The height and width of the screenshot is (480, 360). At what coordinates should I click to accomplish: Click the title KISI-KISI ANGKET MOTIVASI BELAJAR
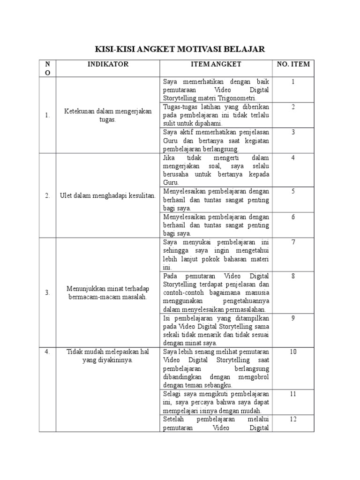click(x=180, y=49)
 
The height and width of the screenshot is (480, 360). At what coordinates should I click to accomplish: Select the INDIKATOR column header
click(x=108, y=64)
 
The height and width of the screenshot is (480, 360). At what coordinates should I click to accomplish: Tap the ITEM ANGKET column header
click(x=216, y=64)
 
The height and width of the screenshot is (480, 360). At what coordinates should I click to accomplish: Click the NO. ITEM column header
click(x=293, y=64)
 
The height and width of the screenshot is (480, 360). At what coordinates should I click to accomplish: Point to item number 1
click(x=293, y=82)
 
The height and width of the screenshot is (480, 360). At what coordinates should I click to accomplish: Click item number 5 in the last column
click(x=293, y=191)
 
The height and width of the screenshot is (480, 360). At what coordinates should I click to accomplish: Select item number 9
click(x=293, y=318)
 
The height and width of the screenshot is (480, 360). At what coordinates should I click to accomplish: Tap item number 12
click(x=293, y=419)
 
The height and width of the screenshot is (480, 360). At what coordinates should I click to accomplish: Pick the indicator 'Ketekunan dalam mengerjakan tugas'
click(x=108, y=115)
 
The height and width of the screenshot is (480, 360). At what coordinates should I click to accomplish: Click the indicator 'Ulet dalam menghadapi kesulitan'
click(x=108, y=195)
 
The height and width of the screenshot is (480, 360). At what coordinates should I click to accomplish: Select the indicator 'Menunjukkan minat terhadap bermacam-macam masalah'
click(x=108, y=292)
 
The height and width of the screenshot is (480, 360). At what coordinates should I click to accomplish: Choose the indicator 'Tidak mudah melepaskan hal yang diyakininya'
click(x=108, y=356)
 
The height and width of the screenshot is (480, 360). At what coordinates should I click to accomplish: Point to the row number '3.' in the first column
click(x=47, y=292)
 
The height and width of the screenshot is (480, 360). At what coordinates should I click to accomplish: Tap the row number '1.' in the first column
click(x=47, y=115)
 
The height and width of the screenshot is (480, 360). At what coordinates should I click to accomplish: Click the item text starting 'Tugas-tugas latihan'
click(x=216, y=115)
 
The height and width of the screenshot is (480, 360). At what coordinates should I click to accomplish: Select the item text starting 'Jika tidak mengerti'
click(x=216, y=170)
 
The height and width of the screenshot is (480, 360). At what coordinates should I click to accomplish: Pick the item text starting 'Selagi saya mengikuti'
click(x=216, y=402)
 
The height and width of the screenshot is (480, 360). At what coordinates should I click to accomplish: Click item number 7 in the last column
click(x=293, y=242)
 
